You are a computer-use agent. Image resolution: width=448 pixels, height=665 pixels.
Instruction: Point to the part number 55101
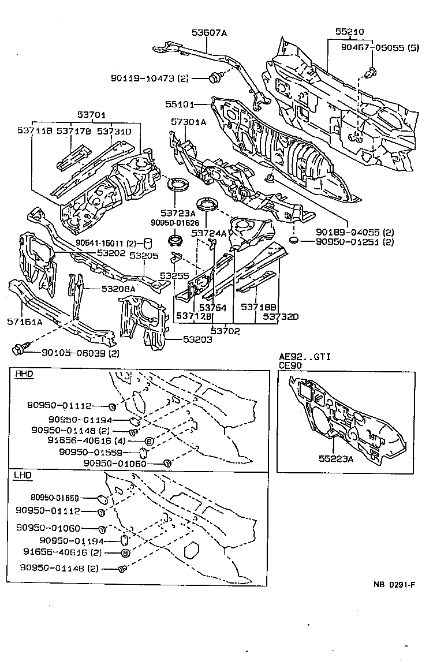point(178,104)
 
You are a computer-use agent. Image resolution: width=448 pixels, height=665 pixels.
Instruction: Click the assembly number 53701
point(92,115)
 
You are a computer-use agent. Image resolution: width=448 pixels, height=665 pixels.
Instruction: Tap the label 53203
point(196,340)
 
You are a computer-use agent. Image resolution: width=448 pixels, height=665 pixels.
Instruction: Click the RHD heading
point(24,374)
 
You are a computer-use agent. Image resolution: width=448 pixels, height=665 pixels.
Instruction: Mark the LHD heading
point(23,475)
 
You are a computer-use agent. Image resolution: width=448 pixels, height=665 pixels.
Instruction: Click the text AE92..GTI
point(304,357)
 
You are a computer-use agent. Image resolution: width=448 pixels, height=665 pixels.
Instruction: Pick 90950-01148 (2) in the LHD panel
point(59,569)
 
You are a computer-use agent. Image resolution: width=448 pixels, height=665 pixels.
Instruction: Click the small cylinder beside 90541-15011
point(148,241)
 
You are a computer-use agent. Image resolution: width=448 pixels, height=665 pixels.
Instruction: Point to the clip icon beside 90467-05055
point(372,72)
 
